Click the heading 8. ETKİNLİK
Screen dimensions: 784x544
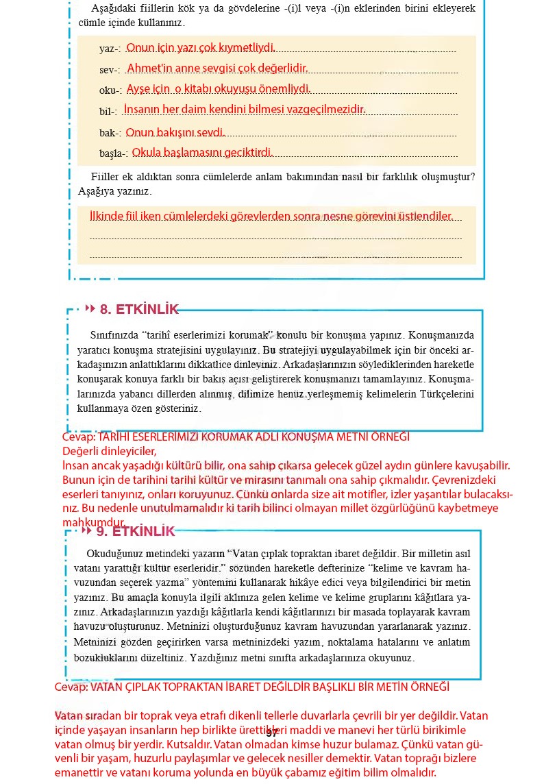(x=139, y=309)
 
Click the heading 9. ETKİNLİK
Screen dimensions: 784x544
(x=136, y=531)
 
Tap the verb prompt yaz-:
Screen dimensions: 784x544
(x=110, y=49)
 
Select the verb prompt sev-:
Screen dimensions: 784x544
(x=110, y=70)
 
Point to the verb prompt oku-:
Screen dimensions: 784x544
(x=110, y=90)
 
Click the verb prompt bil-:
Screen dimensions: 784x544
(x=108, y=111)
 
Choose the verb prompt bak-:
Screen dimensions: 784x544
(x=110, y=132)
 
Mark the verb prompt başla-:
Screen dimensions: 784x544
(x=114, y=153)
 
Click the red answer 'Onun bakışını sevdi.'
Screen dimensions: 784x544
(x=175, y=132)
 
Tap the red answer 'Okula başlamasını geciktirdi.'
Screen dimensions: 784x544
(x=203, y=152)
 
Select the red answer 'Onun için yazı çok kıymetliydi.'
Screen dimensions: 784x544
(x=201, y=48)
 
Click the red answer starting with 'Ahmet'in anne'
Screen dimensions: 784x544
(x=217, y=69)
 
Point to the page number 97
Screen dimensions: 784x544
(x=271, y=733)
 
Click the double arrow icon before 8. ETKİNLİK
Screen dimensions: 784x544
(x=90, y=309)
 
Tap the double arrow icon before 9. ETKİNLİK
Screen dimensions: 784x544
(x=86, y=531)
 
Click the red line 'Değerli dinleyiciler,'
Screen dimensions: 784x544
(x=110, y=451)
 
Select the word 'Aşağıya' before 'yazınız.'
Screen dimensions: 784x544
(x=96, y=191)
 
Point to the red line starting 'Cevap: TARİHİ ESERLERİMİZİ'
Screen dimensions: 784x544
(x=236, y=437)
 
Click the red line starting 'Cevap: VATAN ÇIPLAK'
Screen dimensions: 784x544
(x=251, y=687)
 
